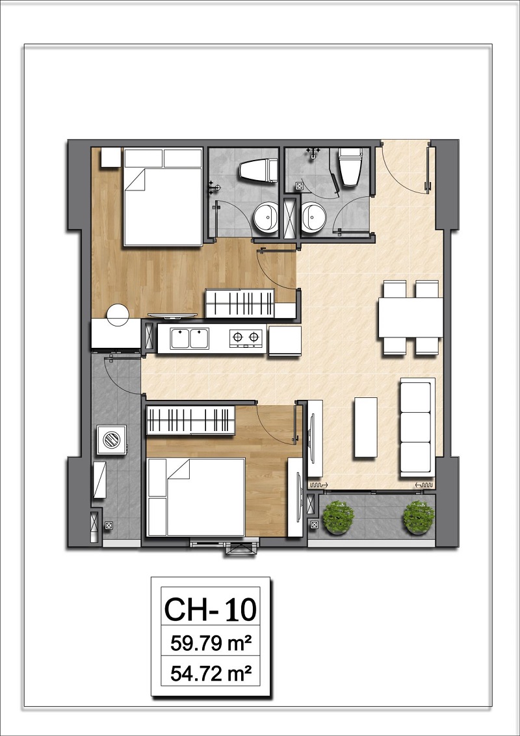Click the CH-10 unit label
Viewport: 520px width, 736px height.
(210, 609)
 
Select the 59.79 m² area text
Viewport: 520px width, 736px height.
(211, 645)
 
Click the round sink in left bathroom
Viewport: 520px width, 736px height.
(265, 217)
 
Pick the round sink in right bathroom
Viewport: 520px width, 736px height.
(316, 217)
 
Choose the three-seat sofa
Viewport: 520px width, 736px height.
(416, 428)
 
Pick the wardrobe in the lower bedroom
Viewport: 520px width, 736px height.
(190, 419)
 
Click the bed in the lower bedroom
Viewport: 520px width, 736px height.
(195, 497)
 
